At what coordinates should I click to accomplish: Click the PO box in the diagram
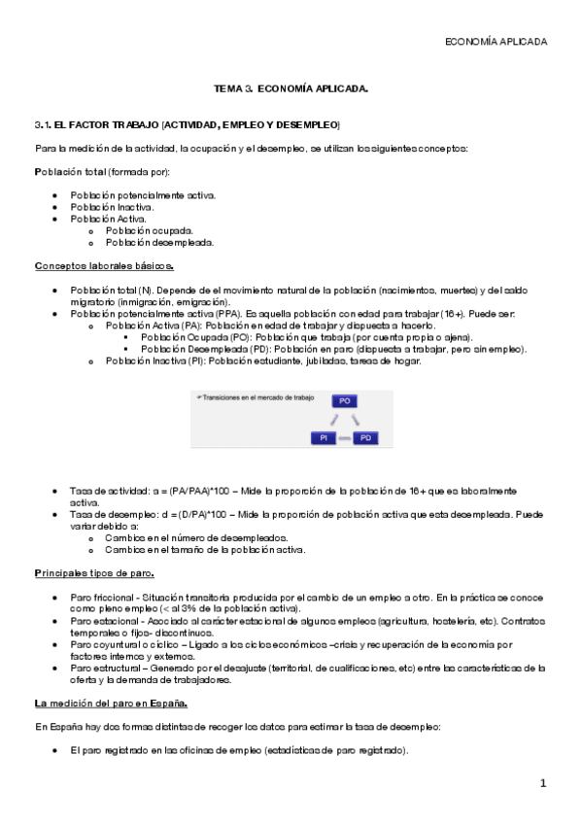[x=344, y=400]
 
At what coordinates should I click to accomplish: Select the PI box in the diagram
[x=322, y=438]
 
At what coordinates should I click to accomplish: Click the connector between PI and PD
[x=344, y=439]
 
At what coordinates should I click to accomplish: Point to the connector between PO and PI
[x=332, y=420]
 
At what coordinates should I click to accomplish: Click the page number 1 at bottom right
[x=544, y=783]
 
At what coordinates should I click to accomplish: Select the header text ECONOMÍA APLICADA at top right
[x=496, y=42]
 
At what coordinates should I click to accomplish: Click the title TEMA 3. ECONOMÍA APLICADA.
[x=291, y=89]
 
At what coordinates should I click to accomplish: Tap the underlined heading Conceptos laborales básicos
[x=104, y=265]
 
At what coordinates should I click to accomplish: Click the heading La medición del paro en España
[x=111, y=702]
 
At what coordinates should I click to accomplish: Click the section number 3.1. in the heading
[x=43, y=125]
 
